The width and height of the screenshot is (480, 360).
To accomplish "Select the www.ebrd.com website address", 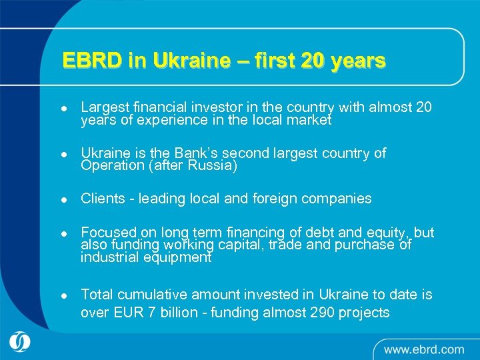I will point(424,349).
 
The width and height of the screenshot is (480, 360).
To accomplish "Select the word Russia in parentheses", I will point(213,166).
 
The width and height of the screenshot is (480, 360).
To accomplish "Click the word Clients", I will point(103,198).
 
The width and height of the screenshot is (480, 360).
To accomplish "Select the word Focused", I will point(108,232).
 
